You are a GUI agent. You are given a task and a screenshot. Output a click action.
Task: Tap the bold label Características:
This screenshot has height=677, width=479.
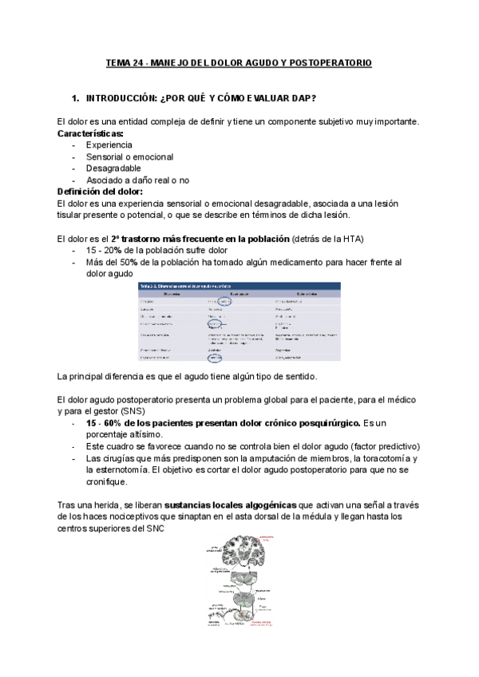(x=90, y=133)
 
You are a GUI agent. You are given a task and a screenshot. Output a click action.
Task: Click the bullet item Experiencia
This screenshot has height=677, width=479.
(x=109, y=145)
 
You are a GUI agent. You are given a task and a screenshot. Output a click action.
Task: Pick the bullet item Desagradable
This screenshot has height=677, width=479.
(x=113, y=168)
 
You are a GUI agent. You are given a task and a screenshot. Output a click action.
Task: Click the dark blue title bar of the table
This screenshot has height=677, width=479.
(x=239, y=286)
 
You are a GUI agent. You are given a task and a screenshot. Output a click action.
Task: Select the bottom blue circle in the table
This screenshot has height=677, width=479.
(x=226, y=358)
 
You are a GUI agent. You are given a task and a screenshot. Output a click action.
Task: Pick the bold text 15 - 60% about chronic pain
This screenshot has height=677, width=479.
(x=109, y=423)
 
